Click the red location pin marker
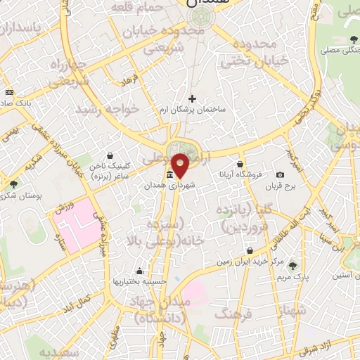pos(181,165)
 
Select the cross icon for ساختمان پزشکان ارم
pos(192,98)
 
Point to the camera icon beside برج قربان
pos(281,174)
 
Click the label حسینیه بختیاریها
pos(140,281)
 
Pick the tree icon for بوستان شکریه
pos(13,184)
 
